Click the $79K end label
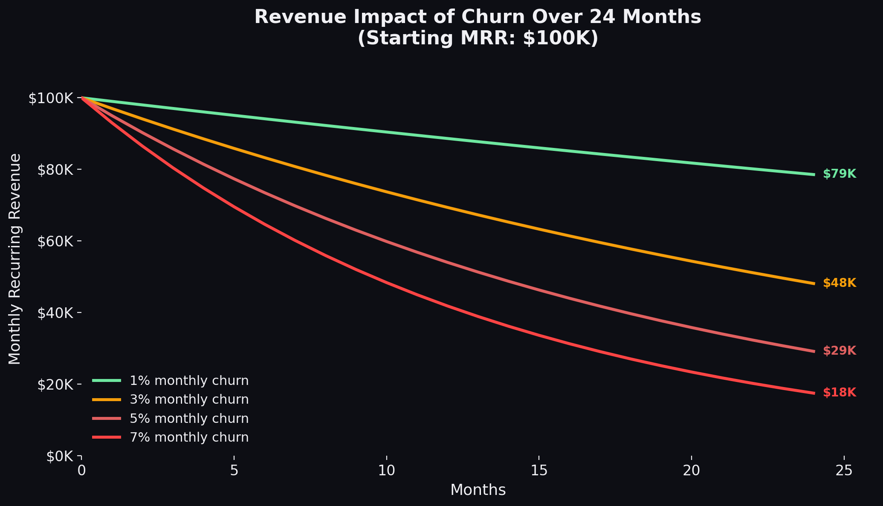839,174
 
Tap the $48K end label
839,283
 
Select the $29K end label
839,351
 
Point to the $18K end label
839,393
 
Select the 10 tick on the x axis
386,470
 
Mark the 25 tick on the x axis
844,470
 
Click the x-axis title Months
478,490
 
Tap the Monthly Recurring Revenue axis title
15,259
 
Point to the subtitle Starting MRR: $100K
478,38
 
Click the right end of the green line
814,174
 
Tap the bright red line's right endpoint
814,393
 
